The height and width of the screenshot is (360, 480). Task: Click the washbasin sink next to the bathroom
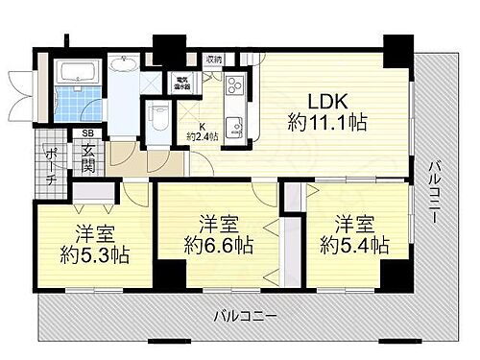(x=123, y=65)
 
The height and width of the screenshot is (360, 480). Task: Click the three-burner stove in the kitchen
(x=233, y=89)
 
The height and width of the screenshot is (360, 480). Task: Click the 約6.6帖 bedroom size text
(x=221, y=246)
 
